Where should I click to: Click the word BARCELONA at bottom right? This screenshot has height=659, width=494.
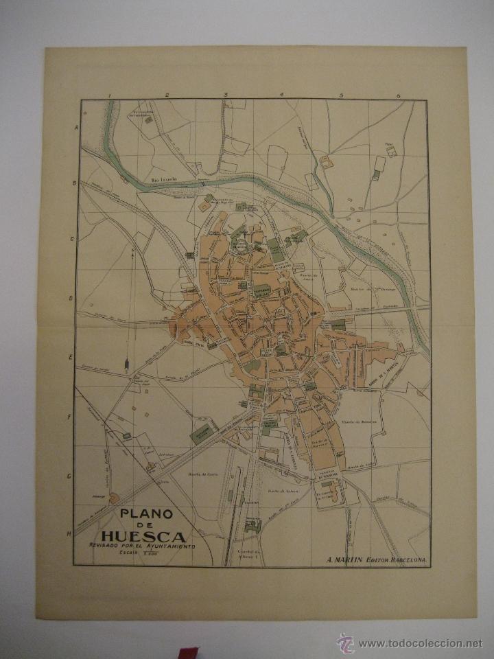(404, 559)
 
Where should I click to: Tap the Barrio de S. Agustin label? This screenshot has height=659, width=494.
(373, 365)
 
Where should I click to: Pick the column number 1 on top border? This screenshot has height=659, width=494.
(110, 95)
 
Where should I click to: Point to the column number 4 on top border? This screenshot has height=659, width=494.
(281, 95)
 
